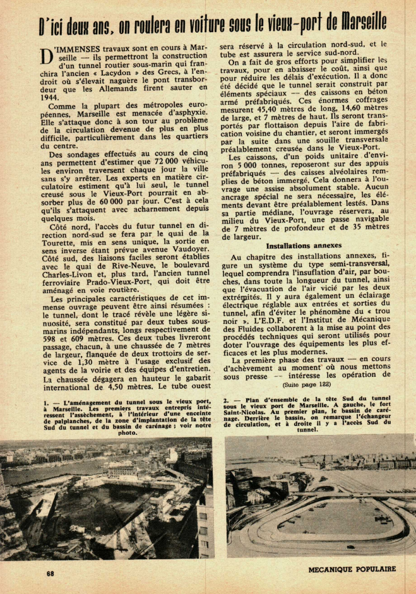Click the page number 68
point(50,573)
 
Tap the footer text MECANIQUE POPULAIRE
point(352,569)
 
